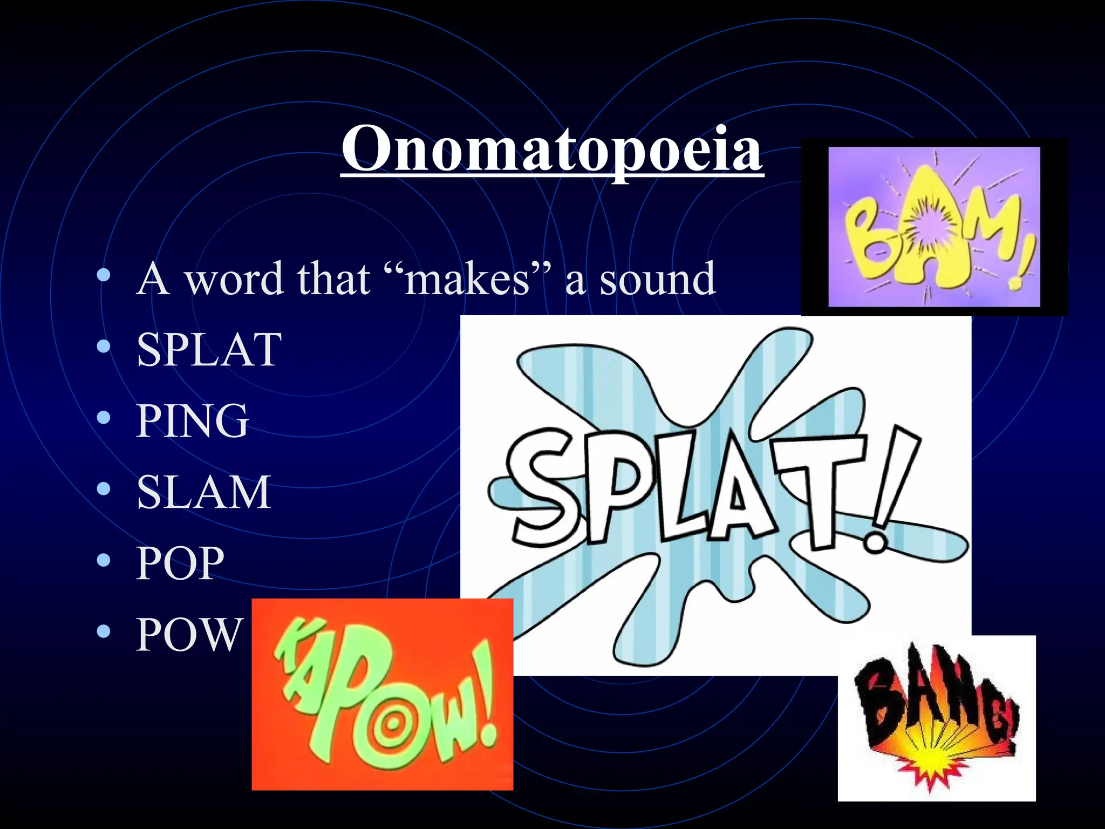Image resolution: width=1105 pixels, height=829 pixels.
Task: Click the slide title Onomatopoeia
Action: tap(552, 149)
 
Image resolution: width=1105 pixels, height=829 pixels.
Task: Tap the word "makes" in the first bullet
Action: tap(467, 279)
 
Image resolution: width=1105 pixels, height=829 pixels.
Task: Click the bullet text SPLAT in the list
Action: tap(209, 350)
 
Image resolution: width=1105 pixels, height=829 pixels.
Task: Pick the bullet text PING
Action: tap(193, 421)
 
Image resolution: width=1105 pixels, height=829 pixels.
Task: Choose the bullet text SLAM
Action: tap(203, 492)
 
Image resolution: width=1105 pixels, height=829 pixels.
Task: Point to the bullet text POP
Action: tap(180, 563)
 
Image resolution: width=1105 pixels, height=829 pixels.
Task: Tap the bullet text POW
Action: tap(188, 635)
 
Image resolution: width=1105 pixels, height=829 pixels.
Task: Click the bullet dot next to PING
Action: tap(104, 418)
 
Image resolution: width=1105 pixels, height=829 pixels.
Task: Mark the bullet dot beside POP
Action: tap(104, 561)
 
